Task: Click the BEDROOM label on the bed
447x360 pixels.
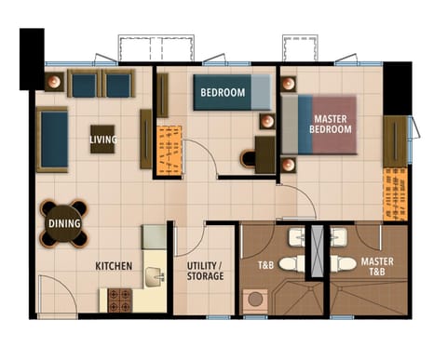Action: tap(223, 92)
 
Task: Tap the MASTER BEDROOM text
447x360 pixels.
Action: tap(331, 124)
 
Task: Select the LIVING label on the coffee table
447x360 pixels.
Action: tap(103, 140)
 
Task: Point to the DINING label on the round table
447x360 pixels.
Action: tap(64, 223)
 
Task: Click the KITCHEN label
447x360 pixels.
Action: tap(114, 266)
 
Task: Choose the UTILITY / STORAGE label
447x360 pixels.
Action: tap(205, 271)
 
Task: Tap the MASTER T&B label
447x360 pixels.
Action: tap(377, 266)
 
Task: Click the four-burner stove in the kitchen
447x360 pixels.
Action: tap(120, 300)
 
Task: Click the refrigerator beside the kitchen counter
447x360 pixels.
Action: tap(154, 237)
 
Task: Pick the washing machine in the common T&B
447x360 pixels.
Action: tap(255, 301)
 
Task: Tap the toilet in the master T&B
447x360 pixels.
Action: tap(344, 264)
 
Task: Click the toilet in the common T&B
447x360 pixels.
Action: tap(291, 264)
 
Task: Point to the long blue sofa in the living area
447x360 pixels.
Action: tap(52, 140)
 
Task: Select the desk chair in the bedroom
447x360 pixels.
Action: tap(248, 159)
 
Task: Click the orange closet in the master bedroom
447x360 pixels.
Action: tap(395, 194)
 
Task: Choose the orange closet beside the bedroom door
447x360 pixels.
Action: tap(169, 151)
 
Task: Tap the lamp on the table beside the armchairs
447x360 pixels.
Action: tap(54, 82)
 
